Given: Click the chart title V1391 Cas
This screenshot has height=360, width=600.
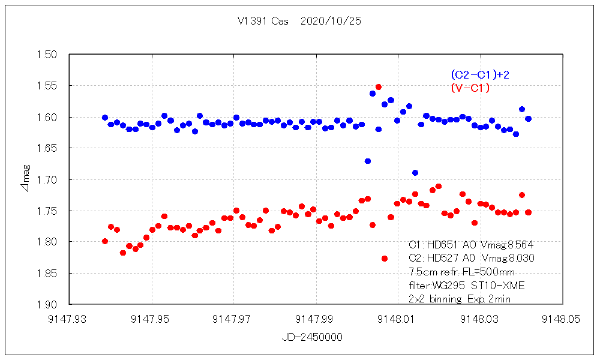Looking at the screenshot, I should coord(263,21).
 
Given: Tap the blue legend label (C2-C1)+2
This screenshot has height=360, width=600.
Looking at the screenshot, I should coord(479,75).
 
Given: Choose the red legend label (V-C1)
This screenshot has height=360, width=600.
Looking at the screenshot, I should coord(470,88).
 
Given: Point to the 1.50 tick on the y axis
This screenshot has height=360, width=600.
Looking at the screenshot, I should coord(47,55).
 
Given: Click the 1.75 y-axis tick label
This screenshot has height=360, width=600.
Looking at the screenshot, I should coord(47,211).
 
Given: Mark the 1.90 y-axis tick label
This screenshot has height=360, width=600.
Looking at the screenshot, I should coord(47,304).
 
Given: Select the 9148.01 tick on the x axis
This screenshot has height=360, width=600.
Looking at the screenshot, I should coord(398,320).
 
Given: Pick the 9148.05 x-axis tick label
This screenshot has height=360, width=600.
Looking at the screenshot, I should coord(562,320).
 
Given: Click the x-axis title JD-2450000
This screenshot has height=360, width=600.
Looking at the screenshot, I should coord(313,337).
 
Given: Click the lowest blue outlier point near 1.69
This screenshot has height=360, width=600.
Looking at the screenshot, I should coord(415,173).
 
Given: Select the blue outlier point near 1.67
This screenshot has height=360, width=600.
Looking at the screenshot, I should coord(367,161).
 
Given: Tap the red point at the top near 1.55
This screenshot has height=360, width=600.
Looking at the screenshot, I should coord(379,87).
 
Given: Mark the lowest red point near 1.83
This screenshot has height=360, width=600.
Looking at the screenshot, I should coord(385,259).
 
